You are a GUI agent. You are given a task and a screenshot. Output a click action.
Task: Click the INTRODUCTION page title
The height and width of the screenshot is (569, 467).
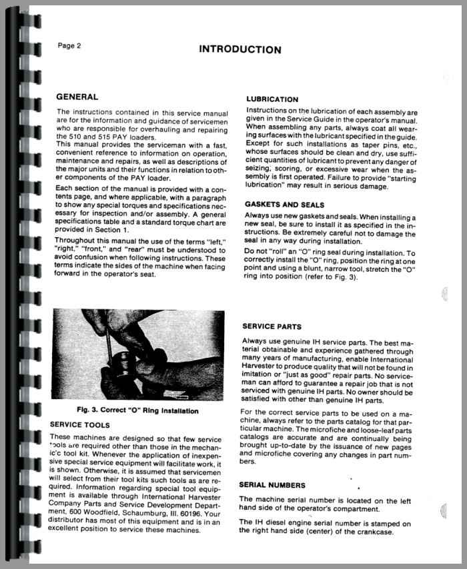point(240,49)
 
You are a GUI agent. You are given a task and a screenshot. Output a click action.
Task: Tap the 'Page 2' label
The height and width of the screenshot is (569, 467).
point(69,46)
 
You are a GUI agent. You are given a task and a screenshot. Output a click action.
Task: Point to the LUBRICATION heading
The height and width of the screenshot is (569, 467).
point(272,99)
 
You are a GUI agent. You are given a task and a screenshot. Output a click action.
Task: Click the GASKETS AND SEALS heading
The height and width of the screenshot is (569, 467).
point(285,205)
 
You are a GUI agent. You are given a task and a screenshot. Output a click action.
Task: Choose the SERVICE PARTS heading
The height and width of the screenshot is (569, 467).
point(272,327)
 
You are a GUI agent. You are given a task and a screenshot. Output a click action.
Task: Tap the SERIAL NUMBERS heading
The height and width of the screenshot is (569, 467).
point(274,485)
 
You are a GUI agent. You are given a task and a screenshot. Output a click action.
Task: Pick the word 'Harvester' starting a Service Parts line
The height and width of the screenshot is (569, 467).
point(260,367)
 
